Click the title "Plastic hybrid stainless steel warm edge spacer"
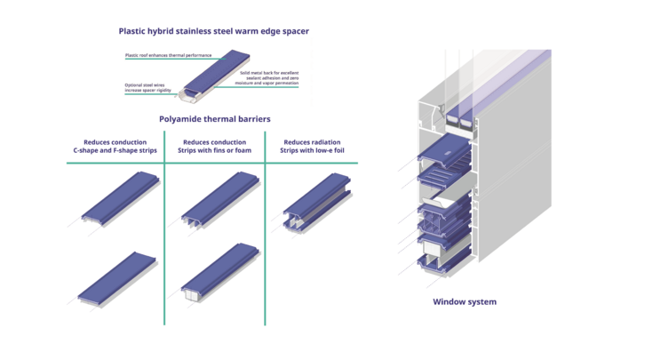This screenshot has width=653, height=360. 213,31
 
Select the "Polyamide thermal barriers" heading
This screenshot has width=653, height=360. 213,118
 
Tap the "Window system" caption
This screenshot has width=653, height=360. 464,302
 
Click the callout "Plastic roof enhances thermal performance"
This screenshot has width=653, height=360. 164,55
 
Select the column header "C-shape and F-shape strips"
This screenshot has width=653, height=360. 115,151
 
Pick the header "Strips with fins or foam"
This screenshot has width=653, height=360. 215,151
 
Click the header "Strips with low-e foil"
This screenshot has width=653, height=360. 311,151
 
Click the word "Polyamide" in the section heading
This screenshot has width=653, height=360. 181,118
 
